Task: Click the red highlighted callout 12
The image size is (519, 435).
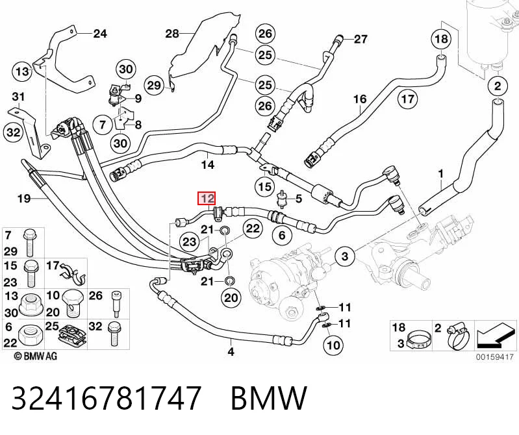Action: click(x=207, y=199)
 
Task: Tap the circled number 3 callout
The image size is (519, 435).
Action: click(x=345, y=256)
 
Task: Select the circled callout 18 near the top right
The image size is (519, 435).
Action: click(x=441, y=39)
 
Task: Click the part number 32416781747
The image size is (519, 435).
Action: click(x=107, y=397)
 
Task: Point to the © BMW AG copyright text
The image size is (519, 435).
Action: click(x=36, y=356)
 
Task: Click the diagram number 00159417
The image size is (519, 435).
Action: click(x=495, y=357)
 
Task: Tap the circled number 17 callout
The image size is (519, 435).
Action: click(x=408, y=99)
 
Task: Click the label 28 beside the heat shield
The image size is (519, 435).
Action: click(x=172, y=33)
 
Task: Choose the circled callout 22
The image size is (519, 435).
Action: click(x=253, y=229)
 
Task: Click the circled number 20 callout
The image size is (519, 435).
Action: click(x=231, y=298)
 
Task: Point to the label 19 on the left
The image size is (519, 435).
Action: click(x=24, y=199)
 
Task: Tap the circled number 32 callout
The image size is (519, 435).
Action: click(x=14, y=132)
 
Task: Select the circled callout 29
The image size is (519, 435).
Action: click(x=154, y=86)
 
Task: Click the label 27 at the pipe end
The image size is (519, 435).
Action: click(x=361, y=40)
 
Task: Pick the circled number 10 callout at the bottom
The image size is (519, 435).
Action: click(x=333, y=345)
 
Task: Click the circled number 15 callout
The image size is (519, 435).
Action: click(x=265, y=187)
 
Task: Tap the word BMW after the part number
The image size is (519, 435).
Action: click(x=269, y=398)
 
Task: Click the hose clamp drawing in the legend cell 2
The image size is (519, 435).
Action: click(x=458, y=338)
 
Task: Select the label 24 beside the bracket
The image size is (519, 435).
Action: click(x=100, y=33)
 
